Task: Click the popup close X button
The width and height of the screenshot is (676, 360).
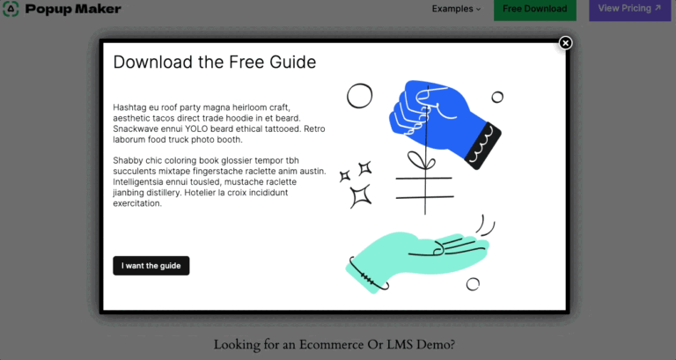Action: [x=565, y=43]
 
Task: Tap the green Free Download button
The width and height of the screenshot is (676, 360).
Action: [x=534, y=9]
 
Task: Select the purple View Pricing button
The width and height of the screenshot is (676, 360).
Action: [x=629, y=8]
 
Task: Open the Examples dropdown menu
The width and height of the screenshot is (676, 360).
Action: [x=456, y=9]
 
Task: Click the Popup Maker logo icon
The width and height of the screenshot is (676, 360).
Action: [x=11, y=9]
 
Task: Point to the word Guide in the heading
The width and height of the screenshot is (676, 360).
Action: [x=293, y=62]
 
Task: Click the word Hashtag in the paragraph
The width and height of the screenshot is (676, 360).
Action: [x=129, y=107]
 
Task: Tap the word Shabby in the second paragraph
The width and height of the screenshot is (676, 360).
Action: [x=128, y=161]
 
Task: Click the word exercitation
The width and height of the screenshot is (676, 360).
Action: [x=137, y=203]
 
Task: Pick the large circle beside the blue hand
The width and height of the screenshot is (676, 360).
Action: [x=359, y=96]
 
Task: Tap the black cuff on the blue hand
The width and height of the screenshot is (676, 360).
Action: [x=483, y=146]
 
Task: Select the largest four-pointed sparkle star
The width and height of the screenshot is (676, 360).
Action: [x=360, y=196]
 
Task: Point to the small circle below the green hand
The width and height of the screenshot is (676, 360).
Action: [x=473, y=284]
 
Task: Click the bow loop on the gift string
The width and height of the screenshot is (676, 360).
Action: [x=416, y=160]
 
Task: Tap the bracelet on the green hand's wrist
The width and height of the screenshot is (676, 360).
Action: [x=366, y=276]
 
